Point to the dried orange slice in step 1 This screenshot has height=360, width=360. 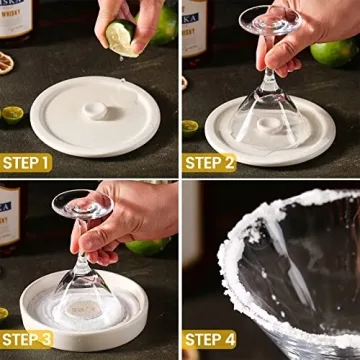tap(7, 62)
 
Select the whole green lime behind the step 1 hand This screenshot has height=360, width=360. tap(164, 25)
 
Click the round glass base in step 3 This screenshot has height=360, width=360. tap(82, 205)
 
